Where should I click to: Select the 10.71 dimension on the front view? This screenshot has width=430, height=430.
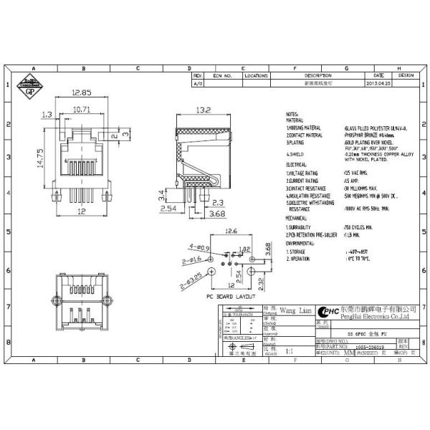click(82, 109)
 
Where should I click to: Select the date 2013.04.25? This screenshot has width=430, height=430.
click(378, 84)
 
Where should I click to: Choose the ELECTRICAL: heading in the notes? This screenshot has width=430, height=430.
click(297, 164)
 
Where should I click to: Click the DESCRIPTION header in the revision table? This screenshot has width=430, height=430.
click(318, 75)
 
